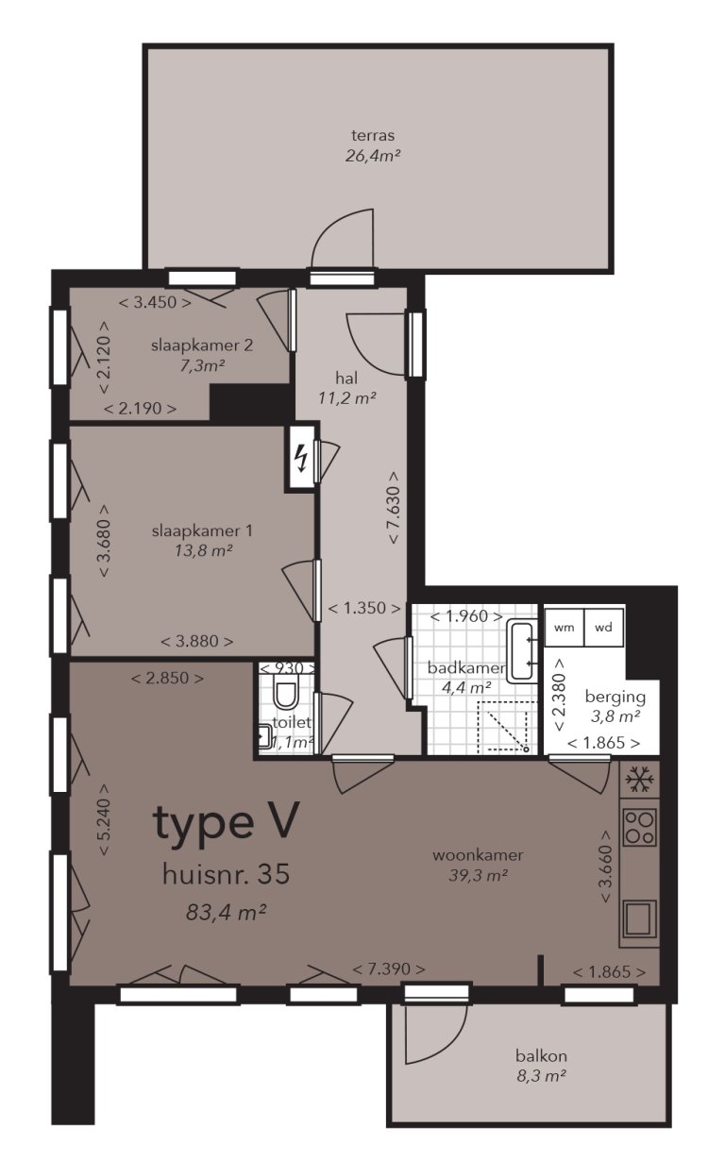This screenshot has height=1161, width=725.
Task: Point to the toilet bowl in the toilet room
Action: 284,697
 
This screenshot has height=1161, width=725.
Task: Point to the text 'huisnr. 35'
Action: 226,874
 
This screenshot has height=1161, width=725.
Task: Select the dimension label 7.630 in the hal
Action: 393,508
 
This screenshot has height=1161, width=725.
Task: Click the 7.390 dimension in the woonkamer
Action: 388,969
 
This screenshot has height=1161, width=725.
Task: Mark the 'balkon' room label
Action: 541,1056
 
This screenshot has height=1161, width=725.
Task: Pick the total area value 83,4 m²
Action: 226,912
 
